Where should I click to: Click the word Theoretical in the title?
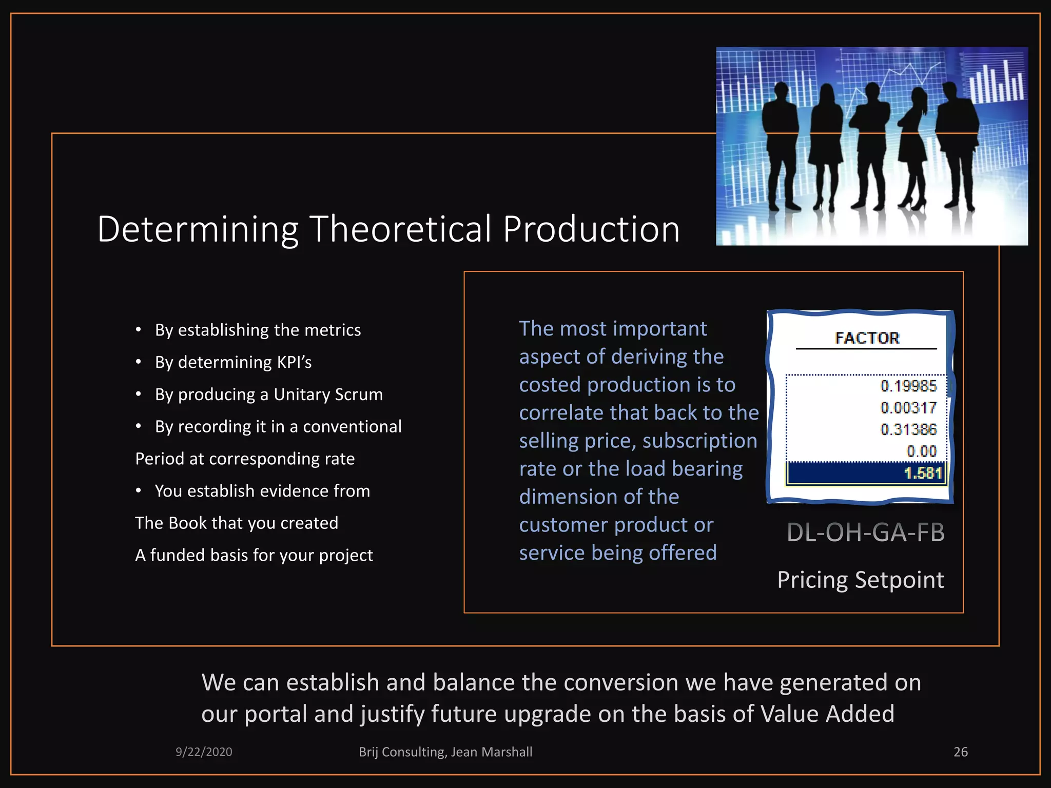coord(400,229)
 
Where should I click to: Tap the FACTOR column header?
coord(867,338)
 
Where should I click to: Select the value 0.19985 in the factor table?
coord(908,386)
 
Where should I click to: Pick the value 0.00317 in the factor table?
coord(908,408)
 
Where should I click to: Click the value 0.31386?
coord(908,429)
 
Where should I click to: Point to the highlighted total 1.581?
coord(923,473)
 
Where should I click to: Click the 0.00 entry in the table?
coord(921,451)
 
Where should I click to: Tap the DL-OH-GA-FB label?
coord(865,533)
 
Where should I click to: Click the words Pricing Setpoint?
coord(860,580)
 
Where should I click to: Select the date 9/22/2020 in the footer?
coord(204,752)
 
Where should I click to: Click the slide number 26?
coord(960,752)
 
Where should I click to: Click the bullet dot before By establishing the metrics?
coord(138,330)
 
